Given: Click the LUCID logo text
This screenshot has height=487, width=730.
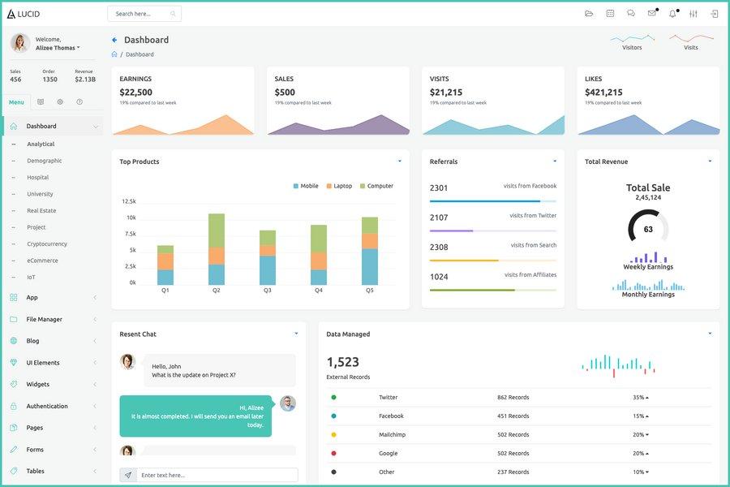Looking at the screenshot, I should point(28,14).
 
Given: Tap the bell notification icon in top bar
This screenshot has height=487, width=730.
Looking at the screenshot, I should point(672,14).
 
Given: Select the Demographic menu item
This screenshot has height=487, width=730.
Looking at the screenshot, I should point(45,161).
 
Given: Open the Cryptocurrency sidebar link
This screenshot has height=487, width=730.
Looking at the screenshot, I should point(47,243).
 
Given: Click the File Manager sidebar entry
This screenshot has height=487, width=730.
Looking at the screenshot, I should point(44,319).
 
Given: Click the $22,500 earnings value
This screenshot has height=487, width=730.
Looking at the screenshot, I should point(135,93).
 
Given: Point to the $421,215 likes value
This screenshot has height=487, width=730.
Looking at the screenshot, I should point(603,93).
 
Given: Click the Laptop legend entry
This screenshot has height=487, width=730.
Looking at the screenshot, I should point(342,186).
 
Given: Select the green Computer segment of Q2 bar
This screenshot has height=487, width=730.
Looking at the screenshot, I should point(217,231).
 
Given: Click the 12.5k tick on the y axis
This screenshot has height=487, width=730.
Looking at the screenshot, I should point(129,201).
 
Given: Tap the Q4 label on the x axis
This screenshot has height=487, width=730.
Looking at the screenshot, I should point(319,290).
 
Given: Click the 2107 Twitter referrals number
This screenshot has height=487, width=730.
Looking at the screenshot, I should point(439,218).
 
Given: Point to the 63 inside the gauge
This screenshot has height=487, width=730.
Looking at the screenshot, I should point(648,229).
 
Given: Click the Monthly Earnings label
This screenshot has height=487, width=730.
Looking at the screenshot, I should point(648,295).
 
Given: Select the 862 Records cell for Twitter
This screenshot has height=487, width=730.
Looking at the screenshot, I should point(513,398).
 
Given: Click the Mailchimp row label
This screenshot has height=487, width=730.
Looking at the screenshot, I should point(393,435).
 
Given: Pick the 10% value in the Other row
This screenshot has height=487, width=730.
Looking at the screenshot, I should point(639,472).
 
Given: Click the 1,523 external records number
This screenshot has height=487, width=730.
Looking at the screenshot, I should point(342,362).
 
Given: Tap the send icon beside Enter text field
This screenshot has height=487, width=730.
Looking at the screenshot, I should point(127,475).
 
